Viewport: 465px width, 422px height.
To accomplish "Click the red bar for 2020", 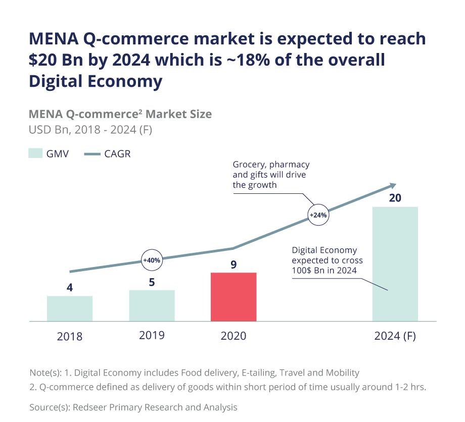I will pos(234,297).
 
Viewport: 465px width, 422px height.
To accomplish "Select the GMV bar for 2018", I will pos(70,308).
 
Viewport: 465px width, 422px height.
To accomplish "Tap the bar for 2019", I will pos(152,305).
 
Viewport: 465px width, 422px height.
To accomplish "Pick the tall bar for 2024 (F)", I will pos(395,263).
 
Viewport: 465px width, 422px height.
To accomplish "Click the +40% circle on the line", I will pos(152,260).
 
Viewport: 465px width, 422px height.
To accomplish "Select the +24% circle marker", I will pos(318,215).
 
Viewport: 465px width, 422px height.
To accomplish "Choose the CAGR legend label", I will pos(117,154).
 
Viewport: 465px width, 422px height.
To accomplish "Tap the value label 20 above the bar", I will pos(395,197).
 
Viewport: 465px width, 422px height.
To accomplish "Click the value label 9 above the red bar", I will pos(234,264).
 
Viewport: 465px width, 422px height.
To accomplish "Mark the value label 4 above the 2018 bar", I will pos(70,288).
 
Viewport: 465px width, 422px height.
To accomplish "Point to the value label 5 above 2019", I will pos(152,282).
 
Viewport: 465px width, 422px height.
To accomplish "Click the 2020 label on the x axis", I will pos(234,336).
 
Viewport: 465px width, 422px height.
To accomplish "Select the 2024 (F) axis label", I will pos(395,336).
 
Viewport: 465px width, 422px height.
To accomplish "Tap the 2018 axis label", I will pos(70,336).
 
